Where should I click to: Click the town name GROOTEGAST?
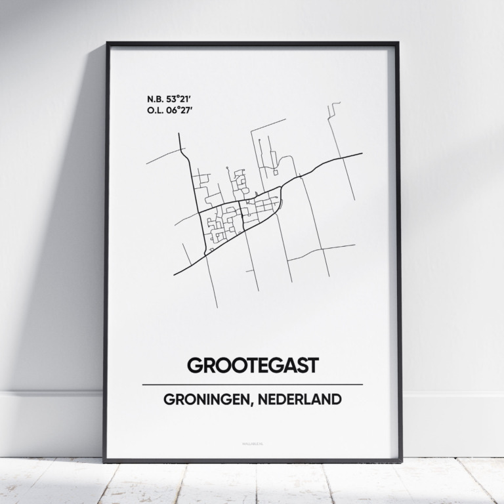click(252, 366)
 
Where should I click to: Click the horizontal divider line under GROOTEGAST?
click(252, 384)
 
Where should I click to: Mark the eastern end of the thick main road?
click(362, 154)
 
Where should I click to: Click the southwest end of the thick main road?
click(175, 274)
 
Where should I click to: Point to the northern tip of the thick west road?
click(179, 134)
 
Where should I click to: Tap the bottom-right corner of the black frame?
click(401, 461)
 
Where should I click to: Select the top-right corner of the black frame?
click(398, 44)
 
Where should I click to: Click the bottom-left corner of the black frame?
click(104, 461)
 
